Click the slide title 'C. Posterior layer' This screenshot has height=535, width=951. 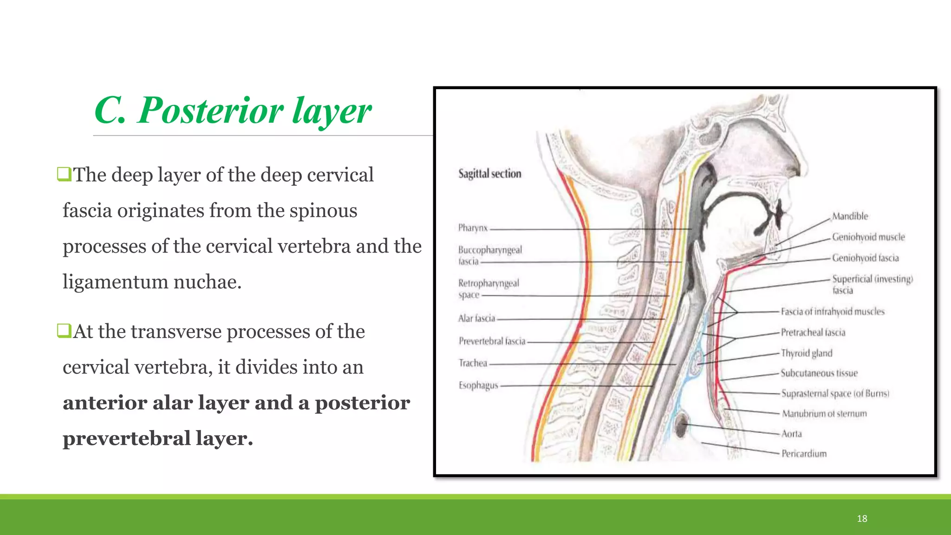coord(233,111)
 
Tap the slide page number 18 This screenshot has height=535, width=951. coord(862,518)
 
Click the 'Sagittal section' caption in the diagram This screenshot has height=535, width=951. coord(489,174)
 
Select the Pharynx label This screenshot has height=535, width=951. coord(473,228)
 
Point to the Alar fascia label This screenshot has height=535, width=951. coord(476,319)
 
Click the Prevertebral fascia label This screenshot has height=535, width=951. coord(492,341)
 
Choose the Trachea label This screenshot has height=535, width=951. coord(473,363)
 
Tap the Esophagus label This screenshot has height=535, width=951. coord(478,385)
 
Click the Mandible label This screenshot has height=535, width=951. coord(850,216)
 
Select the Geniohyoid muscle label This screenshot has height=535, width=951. coord(868,237)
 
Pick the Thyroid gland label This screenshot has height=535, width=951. coord(807,353)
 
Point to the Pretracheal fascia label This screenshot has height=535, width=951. coord(813,333)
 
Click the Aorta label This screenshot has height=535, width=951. coord(791,434)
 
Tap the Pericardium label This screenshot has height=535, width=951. coord(804,454)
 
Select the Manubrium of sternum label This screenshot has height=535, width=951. coord(824,414)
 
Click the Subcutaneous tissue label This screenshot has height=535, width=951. coord(819,373)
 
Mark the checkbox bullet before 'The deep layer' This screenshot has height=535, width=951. coord(64,174)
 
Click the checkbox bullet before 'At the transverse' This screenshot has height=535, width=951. coord(64,331)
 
